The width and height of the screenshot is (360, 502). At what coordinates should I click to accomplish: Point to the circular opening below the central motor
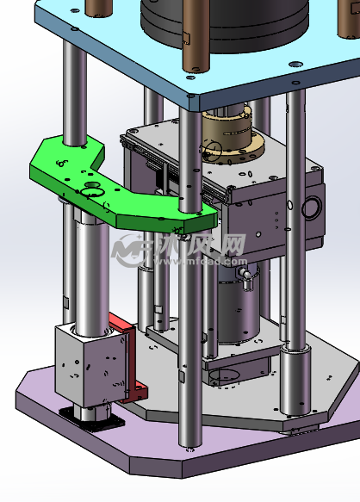227,375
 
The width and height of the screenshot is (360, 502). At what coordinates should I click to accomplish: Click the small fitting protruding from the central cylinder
245,273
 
